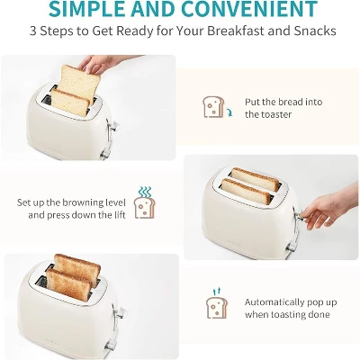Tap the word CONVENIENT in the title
256,9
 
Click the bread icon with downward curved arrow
214,107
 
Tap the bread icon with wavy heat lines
143,203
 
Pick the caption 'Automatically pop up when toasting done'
288,307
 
